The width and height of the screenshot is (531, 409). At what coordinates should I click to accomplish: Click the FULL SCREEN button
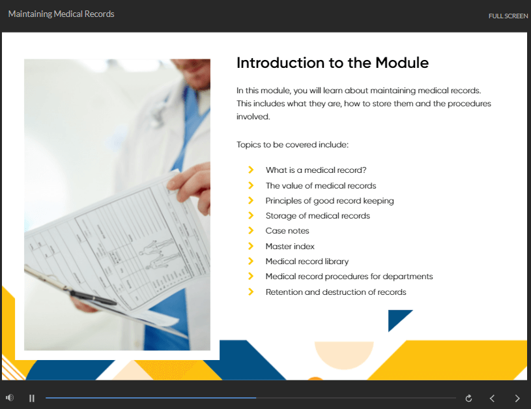pos(508,16)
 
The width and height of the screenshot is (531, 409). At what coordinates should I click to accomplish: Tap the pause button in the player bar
pos(32,398)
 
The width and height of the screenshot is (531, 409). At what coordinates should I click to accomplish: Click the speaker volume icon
pos(10,397)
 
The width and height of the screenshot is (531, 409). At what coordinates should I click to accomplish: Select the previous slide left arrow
pos(492,398)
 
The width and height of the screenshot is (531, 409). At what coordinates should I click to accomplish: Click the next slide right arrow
pos(517,398)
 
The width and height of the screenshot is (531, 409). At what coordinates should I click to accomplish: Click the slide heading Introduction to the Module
pos(332,63)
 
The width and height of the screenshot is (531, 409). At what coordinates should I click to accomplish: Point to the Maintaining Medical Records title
pos(61,14)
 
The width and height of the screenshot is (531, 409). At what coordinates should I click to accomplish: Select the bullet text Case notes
pos(287,231)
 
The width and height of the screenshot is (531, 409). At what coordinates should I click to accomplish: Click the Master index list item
pos(290,246)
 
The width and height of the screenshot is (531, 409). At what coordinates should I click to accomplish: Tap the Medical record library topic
pos(307,262)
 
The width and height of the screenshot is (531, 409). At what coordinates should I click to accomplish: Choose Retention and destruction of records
pos(336,292)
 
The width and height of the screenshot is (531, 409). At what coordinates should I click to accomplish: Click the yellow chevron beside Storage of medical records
pos(251,215)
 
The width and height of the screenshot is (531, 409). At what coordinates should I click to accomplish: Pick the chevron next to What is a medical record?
pos(251,170)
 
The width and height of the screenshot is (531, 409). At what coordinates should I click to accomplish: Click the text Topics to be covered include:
pos(293,145)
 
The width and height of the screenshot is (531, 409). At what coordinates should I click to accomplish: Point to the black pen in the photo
pos(93,297)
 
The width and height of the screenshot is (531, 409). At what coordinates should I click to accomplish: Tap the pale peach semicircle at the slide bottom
pos(344,353)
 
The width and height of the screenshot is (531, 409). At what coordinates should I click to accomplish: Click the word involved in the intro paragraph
pos(253,117)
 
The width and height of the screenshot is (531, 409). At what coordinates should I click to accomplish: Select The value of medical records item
pos(321,186)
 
